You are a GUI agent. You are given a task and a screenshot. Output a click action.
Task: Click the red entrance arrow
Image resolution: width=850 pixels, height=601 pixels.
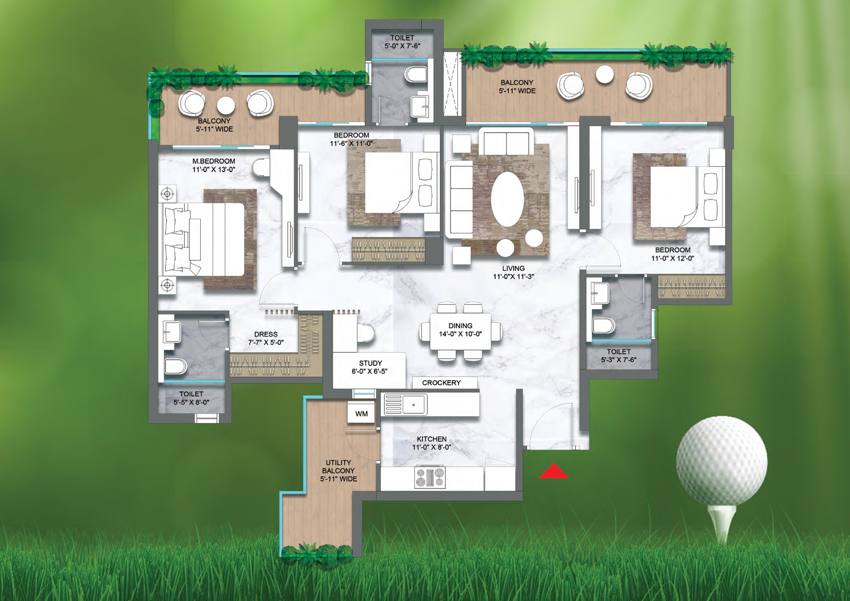(554, 471)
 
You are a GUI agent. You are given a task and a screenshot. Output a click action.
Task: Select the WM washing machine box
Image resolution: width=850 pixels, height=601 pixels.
(361, 414)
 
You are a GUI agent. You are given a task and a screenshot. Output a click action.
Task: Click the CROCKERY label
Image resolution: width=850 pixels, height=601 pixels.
(441, 383)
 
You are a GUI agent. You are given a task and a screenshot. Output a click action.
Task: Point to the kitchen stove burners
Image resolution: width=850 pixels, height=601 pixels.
(430, 477)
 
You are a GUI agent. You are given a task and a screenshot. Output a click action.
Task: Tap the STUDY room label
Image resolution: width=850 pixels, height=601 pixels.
(370, 367)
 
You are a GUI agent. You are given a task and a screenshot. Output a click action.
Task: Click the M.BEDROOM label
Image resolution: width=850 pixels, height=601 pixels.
(214, 165)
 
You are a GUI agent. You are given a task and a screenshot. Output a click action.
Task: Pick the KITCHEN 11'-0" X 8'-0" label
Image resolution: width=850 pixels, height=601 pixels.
(431, 443)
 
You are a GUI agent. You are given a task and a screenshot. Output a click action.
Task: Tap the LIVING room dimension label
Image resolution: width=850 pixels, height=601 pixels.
(513, 272)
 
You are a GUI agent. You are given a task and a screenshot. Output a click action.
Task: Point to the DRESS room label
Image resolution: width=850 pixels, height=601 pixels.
(266, 338)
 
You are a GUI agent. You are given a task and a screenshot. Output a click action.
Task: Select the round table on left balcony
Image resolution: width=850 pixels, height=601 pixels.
(226, 105)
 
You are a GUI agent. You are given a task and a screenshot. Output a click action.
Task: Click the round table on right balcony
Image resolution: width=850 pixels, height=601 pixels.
(605, 75)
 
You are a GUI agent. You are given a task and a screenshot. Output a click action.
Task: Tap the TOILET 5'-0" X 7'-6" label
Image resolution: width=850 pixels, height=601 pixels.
(402, 42)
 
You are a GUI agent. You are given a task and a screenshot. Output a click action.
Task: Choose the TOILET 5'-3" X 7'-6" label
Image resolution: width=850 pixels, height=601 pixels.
(618, 356)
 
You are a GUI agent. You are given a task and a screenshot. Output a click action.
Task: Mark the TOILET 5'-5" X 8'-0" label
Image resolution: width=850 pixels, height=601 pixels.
(191, 398)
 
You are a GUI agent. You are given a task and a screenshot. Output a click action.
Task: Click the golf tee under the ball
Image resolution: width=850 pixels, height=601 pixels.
(721, 523)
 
